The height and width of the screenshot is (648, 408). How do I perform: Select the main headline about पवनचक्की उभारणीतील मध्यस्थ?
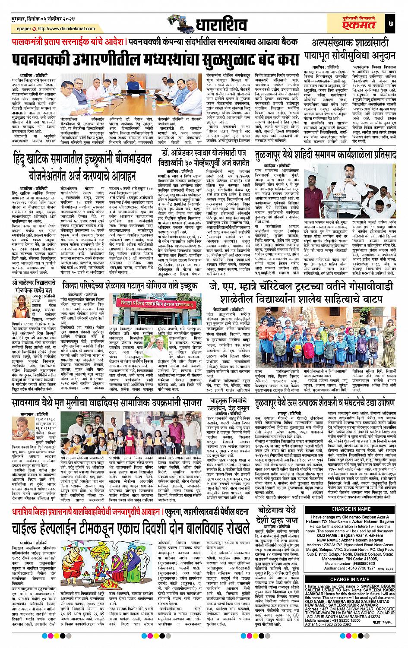click(x=155, y=58)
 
